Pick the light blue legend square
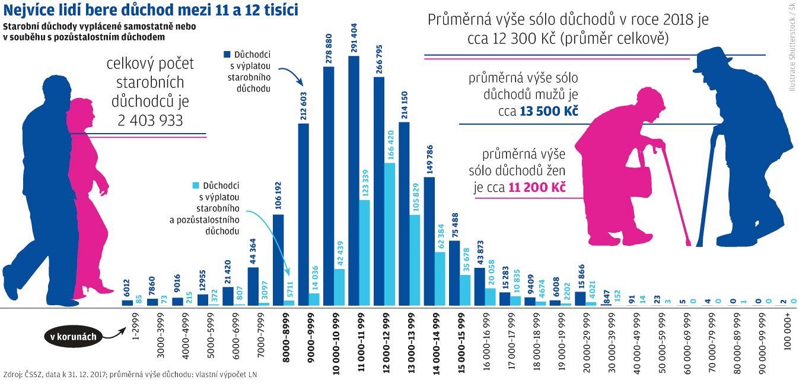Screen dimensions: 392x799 tap(196, 185)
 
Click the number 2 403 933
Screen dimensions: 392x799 tap(150, 120)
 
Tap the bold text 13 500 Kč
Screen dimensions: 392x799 tap(549, 111)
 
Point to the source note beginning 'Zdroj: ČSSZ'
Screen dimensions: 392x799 tap(130, 375)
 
